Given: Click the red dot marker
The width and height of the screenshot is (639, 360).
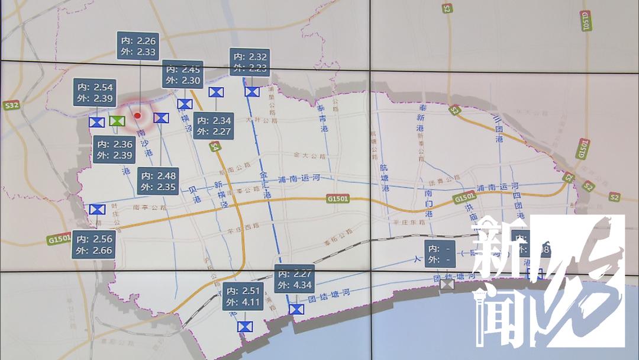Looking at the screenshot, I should point(137,115).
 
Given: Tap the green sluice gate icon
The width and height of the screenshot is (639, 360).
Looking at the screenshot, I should point(117,121).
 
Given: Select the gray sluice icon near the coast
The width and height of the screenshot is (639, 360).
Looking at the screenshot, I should point(447,284).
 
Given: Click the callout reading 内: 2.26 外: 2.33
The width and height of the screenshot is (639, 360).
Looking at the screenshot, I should point(137,47).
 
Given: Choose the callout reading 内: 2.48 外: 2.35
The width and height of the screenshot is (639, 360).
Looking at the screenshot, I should point(158,181).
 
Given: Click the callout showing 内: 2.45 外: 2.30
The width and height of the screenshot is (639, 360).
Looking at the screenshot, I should point(183,74).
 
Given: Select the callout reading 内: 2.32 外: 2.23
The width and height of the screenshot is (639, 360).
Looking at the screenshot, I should point(250,62).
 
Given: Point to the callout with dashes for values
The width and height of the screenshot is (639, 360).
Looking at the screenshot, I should point(440,253).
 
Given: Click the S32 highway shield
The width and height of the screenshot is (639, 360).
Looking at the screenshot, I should point(11,106).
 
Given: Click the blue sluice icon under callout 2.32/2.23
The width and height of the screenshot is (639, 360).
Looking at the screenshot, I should point(252,91).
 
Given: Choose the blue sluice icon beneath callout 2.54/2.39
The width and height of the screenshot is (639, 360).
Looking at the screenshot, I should point(96,122).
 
